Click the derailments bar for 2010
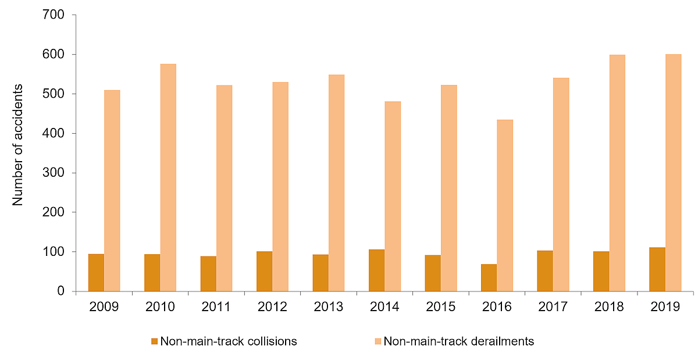168,177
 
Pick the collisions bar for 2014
376,270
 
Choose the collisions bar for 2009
96,273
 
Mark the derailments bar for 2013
336,183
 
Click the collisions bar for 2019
657,269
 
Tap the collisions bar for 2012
264,271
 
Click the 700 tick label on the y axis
53,15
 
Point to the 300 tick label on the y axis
53,173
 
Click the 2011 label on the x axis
216,307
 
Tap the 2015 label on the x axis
440,307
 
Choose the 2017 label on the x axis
553,307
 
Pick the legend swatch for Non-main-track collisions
154,341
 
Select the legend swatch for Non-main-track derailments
378,341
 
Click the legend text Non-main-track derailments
458,341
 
